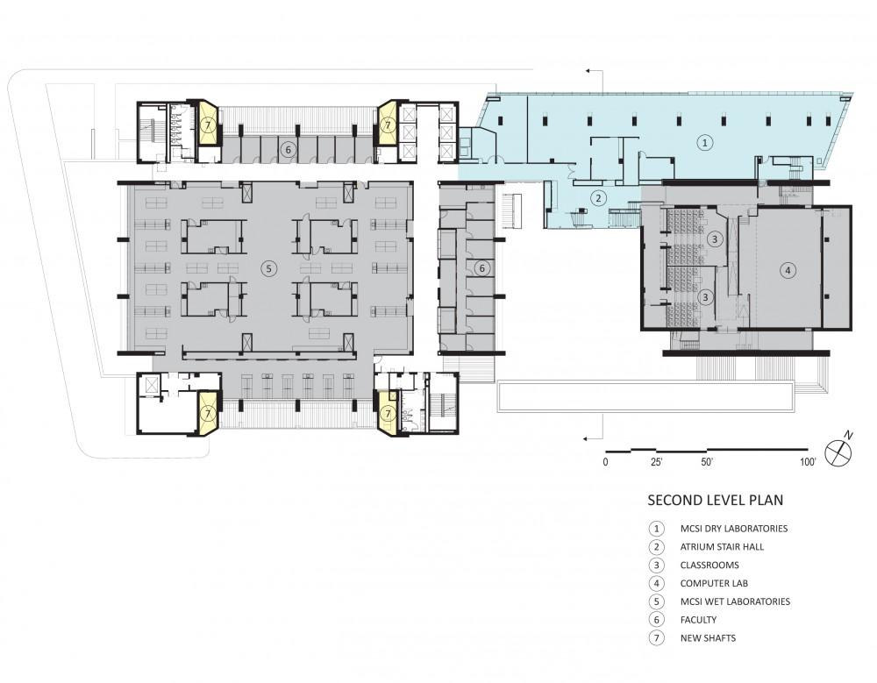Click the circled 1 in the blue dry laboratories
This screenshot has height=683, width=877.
pos(705,143)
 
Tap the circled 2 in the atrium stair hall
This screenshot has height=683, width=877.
pos(598,197)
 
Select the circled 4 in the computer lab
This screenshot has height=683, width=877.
pos(788,271)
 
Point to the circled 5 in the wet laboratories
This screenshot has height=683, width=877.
pos(268,268)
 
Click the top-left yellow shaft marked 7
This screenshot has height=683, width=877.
pos(208,123)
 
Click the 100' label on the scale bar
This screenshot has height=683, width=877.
pos(808,462)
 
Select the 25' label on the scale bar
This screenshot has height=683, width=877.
pos(657,462)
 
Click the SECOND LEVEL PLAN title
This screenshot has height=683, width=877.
pos(716,500)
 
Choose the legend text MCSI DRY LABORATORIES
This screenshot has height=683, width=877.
pos(734,528)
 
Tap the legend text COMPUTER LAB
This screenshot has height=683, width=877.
pos(714,583)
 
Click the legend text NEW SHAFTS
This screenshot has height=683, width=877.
pos(708,637)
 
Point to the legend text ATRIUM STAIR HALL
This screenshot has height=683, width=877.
pos(722,546)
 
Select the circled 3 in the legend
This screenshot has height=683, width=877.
pos(657,565)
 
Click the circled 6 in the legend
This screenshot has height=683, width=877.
pos(657,620)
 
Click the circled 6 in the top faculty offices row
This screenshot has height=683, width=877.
pos(288,149)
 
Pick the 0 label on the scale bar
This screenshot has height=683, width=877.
pos(605,462)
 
